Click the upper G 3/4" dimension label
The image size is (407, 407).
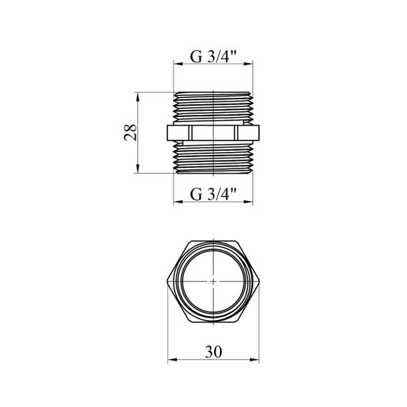pyautogui.click(x=213, y=56)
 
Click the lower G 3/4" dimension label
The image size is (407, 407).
pyautogui.click(x=213, y=194)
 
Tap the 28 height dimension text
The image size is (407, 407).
pyautogui.click(x=130, y=132)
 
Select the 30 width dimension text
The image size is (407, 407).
pyautogui.click(x=213, y=352)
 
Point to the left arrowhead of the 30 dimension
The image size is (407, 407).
pyautogui.click(x=172, y=360)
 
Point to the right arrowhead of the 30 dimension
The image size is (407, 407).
pyautogui.click(x=255, y=360)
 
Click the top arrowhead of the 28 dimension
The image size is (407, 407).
pyautogui.click(x=138, y=97)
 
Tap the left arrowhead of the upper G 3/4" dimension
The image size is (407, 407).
pyautogui.click(x=178, y=64)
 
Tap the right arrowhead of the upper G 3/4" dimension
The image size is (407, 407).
pyautogui.click(x=248, y=64)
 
